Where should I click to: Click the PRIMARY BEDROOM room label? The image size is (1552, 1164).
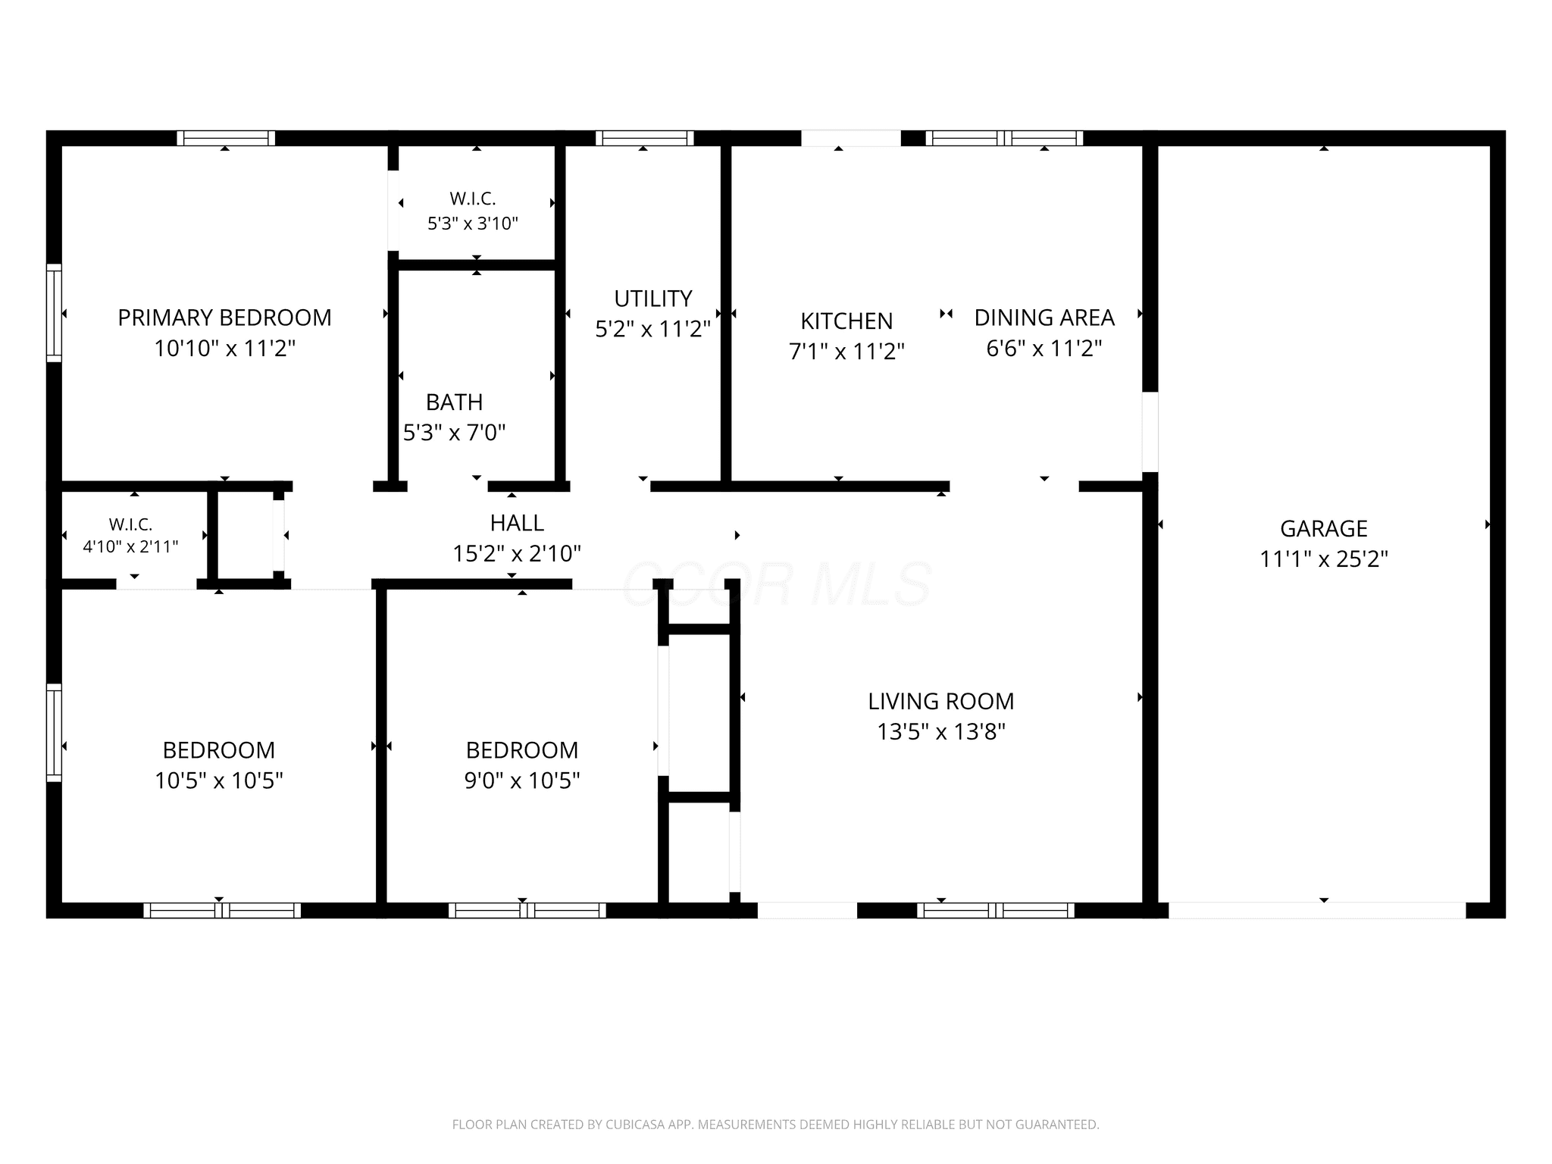[x=224, y=318]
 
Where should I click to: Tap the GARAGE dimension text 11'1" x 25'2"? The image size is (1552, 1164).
[x=1324, y=559]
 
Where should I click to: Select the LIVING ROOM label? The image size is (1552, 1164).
[x=941, y=702]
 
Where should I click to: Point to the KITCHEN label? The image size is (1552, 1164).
[x=846, y=321]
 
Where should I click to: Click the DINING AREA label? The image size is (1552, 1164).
[x=1044, y=318]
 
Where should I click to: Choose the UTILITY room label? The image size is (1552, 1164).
[x=653, y=299]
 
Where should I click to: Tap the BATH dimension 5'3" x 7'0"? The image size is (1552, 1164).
[x=455, y=433]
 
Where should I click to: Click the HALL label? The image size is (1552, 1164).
[x=517, y=523]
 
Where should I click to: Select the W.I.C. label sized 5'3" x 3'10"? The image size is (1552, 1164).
[x=473, y=199]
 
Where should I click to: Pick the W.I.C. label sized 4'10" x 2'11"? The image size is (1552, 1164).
[x=130, y=524]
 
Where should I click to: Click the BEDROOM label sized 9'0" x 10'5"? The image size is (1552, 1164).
[x=522, y=750]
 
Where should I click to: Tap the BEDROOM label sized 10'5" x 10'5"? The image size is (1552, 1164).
[x=219, y=750]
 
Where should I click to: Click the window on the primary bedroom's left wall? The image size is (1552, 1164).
[x=54, y=312]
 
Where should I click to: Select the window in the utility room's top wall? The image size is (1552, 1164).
[x=645, y=138]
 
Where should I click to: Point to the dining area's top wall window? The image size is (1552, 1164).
[x=1004, y=138]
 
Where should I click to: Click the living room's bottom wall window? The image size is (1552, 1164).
[x=996, y=910]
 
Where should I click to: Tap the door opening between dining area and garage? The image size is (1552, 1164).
[x=1150, y=432]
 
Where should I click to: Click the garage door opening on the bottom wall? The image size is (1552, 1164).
[x=1317, y=910]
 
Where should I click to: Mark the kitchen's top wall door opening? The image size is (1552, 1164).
[x=851, y=138]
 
